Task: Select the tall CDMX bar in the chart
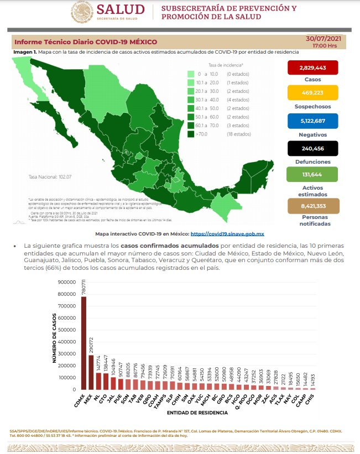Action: click(x=84, y=343)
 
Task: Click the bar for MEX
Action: click(x=91, y=372)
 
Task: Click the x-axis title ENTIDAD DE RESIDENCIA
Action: click(x=197, y=413)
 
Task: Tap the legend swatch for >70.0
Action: click(x=190, y=134)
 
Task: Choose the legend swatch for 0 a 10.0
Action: click(x=190, y=74)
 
